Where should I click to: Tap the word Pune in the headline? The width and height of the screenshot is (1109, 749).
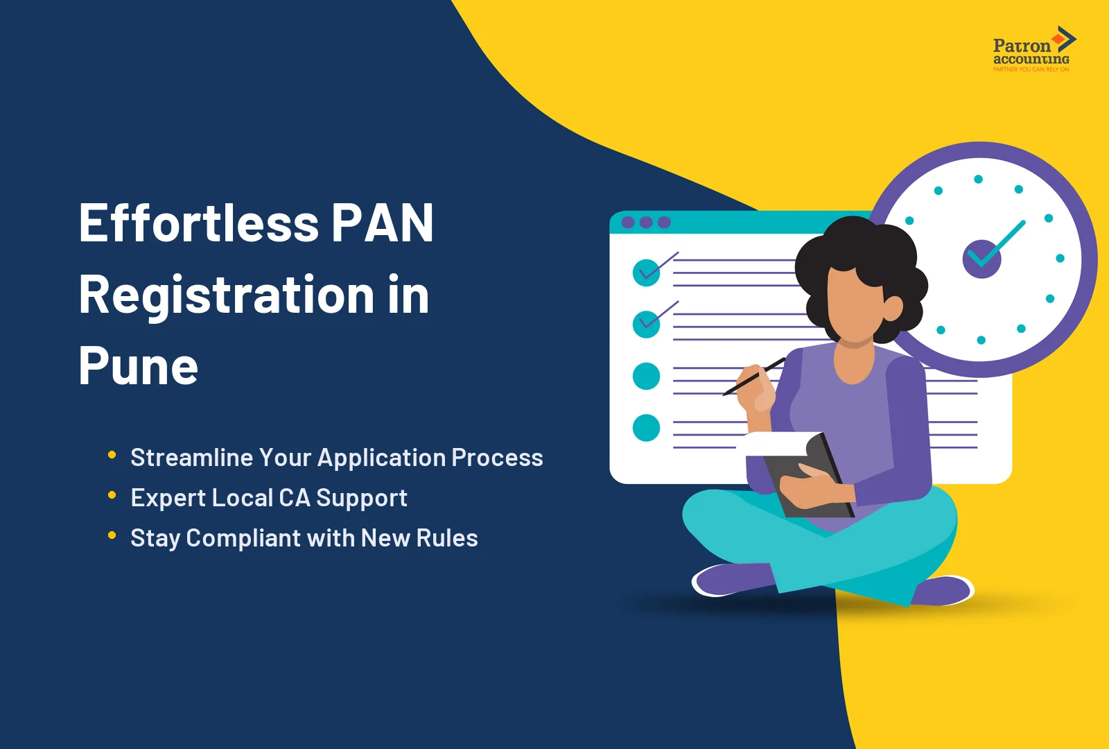138,366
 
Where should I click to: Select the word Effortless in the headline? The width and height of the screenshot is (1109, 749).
199,223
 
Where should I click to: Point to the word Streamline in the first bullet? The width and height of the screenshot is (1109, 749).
192,458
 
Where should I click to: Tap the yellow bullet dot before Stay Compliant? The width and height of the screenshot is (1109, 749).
112,535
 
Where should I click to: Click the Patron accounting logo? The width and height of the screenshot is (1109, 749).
1032,50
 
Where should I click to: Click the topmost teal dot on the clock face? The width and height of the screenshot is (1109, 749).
978,179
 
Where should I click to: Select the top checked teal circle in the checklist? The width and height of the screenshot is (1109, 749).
647,273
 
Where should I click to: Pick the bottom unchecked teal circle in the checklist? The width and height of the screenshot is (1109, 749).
647,428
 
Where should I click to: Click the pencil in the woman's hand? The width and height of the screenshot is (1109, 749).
753,377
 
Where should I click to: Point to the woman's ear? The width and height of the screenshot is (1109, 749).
892,307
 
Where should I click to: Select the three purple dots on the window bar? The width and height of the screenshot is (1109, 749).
646,223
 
